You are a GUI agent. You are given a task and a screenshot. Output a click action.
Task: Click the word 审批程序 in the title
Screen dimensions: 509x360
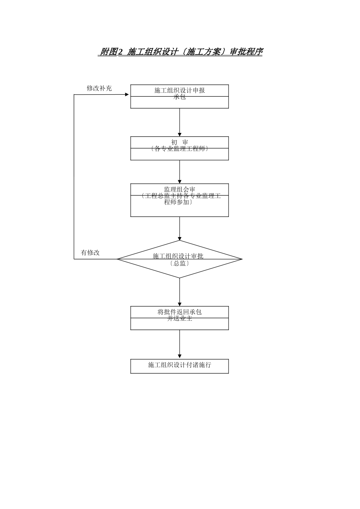(246, 52)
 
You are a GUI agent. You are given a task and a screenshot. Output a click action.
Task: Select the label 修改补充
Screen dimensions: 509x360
(99, 88)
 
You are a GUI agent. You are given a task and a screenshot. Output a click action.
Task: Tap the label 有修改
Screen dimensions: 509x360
(90, 253)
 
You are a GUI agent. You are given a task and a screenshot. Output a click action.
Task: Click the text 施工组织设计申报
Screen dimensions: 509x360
(180, 90)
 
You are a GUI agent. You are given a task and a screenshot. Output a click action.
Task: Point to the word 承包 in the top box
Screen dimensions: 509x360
(180, 97)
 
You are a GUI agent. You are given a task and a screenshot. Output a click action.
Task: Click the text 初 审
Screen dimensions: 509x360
(180, 142)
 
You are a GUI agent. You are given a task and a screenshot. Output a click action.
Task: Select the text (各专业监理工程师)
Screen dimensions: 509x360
(180, 149)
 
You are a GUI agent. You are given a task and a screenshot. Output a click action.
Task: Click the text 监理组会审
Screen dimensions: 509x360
(180, 189)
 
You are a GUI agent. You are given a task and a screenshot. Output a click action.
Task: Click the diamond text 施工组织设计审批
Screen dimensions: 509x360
(178, 256)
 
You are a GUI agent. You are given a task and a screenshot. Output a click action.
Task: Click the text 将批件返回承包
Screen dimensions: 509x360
(180, 312)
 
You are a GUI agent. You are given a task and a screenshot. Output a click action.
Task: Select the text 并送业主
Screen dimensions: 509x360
(180, 319)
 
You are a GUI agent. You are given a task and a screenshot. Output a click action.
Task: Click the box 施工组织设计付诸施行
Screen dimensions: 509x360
(180, 366)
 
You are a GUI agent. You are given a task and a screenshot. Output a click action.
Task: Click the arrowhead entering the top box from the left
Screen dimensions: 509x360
(128, 94)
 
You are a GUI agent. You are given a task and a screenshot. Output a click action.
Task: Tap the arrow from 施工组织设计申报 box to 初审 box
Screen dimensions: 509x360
(180, 122)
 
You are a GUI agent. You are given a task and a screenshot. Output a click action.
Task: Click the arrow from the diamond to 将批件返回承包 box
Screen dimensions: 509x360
(180, 292)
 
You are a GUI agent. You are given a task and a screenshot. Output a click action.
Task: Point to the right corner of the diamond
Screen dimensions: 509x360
(241, 259)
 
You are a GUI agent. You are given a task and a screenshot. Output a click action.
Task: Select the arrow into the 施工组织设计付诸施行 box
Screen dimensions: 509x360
(180, 345)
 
